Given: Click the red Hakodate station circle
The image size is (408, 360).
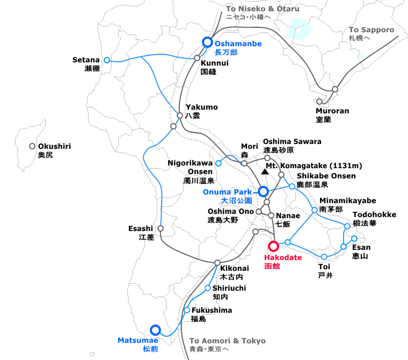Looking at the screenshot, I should (x=273, y=246).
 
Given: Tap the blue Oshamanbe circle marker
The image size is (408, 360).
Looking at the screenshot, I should (x=207, y=42).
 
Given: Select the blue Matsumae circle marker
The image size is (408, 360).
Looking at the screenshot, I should (x=156, y=329).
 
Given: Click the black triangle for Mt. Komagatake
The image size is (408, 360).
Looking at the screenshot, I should (x=265, y=172).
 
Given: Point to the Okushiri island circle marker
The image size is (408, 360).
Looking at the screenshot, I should (x=32, y=146).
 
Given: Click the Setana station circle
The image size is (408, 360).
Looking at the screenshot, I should (x=107, y=60).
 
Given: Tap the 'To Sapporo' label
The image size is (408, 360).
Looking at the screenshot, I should (x=371, y=30).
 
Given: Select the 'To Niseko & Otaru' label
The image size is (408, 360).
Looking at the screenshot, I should (x=263, y=9).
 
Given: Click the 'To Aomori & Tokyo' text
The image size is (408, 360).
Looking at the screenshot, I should (x=228, y=341).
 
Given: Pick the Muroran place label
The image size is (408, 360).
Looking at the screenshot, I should (x=332, y=111).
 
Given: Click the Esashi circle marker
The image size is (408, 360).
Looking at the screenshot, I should (x=161, y=228).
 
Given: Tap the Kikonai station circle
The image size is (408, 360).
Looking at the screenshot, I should (x=217, y=262).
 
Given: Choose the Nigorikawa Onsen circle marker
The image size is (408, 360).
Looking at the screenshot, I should (x=218, y=163).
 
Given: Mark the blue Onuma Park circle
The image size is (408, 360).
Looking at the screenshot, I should (x=263, y=191).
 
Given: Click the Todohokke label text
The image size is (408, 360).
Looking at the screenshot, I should (x=375, y=215).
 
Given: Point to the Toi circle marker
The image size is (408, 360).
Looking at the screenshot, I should (x=324, y=257).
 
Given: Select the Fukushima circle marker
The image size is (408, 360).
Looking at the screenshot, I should (x=187, y=310).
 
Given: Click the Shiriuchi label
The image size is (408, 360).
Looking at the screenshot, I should (x=229, y=289).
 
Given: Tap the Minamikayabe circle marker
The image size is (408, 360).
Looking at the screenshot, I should (x=315, y=210).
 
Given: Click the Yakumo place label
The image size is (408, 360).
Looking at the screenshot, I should (x=201, y=107).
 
